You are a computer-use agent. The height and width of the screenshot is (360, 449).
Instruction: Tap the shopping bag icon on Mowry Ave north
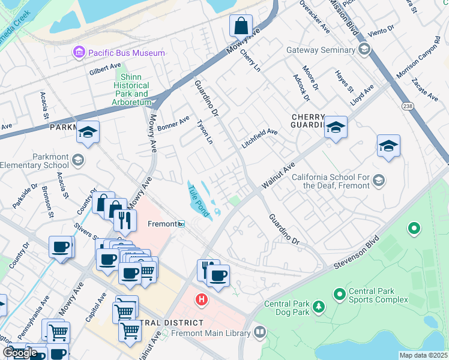tap(240, 27)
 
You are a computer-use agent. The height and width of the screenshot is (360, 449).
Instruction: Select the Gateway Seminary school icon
tap(363, 50)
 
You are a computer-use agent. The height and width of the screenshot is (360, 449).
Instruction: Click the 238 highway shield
tap(408, 106)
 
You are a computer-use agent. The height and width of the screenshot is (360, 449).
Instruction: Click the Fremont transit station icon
tap(181, 224)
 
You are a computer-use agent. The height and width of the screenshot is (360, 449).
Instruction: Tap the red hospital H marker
tap(202, 299)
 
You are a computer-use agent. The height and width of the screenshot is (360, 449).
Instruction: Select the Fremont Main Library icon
tap(259, 332)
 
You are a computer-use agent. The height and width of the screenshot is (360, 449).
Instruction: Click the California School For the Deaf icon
tap(378, 180)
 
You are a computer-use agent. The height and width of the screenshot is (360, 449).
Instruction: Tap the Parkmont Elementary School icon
tap(77, 160)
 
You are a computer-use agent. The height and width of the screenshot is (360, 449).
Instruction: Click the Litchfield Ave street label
tap(259, 139)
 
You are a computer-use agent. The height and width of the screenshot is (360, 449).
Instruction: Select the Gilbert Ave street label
tap(105, 70)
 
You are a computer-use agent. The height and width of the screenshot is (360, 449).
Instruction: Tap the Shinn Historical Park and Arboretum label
tap(131, 89)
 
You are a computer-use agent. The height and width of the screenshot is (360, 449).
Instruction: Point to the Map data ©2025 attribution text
tap(423, 355)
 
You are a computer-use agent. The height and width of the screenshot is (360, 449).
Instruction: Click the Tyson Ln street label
tap(205, 131)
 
